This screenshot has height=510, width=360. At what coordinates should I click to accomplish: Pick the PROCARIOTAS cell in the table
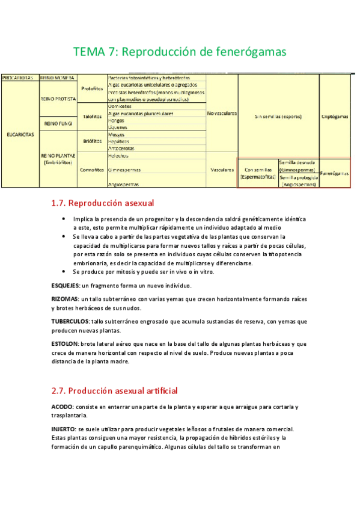[x=19, y=78]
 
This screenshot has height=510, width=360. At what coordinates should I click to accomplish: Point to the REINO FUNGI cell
[x=58, y=123]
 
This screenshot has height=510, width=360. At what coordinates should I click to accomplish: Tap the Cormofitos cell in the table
[x=92, y=170]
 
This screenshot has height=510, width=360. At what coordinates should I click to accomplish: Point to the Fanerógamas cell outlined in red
[x=335, y=173]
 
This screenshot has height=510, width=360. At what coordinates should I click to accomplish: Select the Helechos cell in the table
[x=118, y=156]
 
